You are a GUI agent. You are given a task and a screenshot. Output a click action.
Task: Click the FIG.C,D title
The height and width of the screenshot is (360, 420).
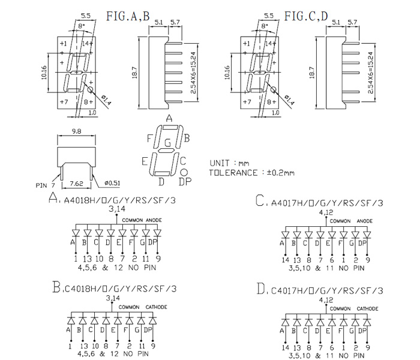coord(306,16)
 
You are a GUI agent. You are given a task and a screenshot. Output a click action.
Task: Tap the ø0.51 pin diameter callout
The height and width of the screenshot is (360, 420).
coord(112,184)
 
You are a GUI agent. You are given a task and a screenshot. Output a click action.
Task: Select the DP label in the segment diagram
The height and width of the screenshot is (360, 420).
coord(185,181)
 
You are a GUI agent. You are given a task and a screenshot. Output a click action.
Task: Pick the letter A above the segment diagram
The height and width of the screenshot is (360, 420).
coord(169,118)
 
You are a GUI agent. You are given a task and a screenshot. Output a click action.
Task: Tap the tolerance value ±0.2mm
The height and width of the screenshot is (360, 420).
coord(281,173)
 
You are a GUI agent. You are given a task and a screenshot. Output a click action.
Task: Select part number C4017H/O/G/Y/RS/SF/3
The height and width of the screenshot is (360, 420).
coord(327,292)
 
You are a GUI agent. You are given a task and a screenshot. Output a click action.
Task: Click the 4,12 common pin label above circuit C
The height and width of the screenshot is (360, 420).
coord(326,212)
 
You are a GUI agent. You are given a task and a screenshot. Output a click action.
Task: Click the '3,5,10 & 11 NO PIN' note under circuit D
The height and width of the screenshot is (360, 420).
coord(326,355)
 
